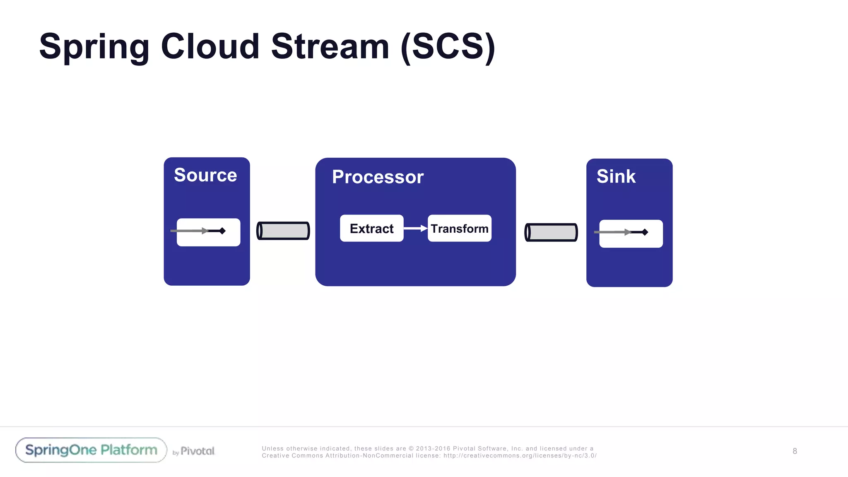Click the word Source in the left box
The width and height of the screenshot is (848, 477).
tap(205, 175)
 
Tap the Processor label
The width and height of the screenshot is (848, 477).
tap(378, 177)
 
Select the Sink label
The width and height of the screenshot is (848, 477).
tap(616, 177)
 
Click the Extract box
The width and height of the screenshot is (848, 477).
tap(371, 228)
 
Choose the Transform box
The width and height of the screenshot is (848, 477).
tap(459, 228)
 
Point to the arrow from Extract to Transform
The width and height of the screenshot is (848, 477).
tap(415, 228)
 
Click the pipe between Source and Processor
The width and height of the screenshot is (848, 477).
tap(283, 231)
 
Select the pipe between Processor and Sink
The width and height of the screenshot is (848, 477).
tap(551, 232)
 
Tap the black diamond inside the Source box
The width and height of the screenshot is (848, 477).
tap(222, 231)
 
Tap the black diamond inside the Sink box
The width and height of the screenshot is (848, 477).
tap(645, 232)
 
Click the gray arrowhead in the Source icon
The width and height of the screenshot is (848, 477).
tap(205, 231)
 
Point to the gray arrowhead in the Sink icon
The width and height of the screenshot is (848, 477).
tap(627, 232)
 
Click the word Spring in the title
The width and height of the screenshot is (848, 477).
tap(94, 47)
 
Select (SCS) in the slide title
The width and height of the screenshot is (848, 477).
tap(448, 47)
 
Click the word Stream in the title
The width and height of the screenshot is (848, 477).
tap(330, 47)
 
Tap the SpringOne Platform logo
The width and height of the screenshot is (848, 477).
tap(91, 450)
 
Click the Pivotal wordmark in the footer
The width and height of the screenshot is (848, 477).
tap(198, 451)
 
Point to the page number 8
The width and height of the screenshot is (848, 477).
tap(795, 451)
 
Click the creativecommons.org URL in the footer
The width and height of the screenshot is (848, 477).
tap(520, 455)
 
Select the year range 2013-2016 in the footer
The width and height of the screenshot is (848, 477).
tap(433, 448)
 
